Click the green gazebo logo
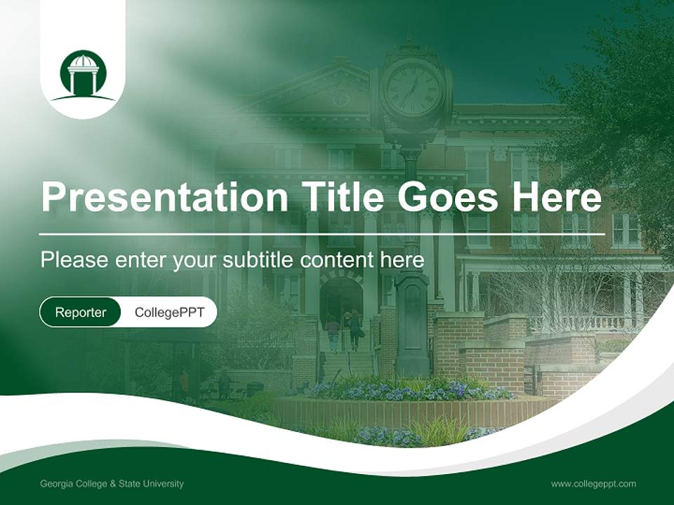(84, 75)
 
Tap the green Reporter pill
(80, 312)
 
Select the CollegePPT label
(169, 312)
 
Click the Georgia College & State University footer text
(112, 483)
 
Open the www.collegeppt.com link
(593, 483)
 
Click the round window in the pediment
(341, 98)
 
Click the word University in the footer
(164, 483)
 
